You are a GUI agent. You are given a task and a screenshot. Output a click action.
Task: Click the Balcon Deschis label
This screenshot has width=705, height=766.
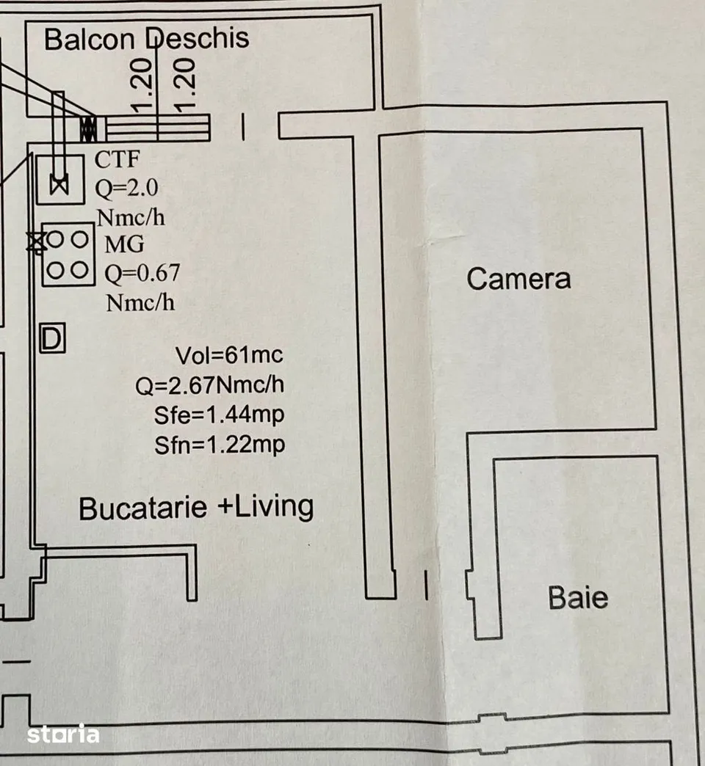point(146,39)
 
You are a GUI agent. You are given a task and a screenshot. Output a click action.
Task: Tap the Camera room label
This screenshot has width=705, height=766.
point(518,279)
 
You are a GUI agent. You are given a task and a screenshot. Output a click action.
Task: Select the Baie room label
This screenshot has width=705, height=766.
point(578,597)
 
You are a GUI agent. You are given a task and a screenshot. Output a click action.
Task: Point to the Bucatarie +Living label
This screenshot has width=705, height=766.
point(196,507)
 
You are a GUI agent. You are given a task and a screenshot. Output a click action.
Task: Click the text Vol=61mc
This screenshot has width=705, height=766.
point(229,355)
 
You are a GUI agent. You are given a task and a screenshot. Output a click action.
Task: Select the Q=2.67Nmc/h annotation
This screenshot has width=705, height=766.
point(210,385)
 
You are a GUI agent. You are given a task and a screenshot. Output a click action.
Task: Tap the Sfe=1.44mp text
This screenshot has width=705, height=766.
point(219,415)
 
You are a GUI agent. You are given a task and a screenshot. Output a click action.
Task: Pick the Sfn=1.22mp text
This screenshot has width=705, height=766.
point(220,445)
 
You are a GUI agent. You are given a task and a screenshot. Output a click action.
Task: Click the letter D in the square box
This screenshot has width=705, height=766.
point(52,338)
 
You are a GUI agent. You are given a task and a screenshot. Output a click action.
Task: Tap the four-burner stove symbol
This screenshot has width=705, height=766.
point(68,255)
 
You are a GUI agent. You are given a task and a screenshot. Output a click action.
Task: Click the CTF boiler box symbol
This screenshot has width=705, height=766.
point(60,180)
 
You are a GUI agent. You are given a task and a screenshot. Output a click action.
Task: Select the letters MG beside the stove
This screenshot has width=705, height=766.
point(125,244)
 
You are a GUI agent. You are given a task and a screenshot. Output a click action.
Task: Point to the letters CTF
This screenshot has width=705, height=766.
point(117,159)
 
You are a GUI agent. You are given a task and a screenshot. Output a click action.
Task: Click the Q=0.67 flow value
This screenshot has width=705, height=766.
point(142,274)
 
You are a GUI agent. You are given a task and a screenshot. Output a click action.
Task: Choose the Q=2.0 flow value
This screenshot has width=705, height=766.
point(126,188)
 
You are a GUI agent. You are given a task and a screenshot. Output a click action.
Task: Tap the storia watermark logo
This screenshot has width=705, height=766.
point(63,734)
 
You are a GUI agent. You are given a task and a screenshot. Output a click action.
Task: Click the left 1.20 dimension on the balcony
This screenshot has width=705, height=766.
point(142,84)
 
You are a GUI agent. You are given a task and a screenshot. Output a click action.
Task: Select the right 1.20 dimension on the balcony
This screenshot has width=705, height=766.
point(185,84)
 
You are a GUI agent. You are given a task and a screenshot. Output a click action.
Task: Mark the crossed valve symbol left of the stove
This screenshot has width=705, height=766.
point(36,242)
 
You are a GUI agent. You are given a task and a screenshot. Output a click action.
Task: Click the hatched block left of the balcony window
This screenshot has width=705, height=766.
point(88,128)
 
